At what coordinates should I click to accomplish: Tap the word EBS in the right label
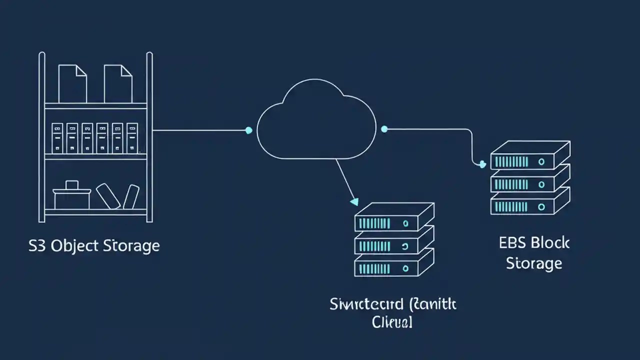(x=512, y=243)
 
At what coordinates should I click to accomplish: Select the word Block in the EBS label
(x=550, y=243)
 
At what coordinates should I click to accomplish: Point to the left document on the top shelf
(x=72, y=83)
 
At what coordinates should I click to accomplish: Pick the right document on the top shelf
(x=118, y=83)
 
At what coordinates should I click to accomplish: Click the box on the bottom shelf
(x=72, y=196)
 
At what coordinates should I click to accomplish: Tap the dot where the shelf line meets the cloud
(x=248, y=130)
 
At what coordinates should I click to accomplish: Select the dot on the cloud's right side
(x=384, y=129)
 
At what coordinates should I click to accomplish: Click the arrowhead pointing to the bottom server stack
(x=354, y=202)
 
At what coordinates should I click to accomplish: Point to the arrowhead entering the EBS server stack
(x=482, y=164)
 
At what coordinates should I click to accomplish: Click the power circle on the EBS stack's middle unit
(x=541, y=184)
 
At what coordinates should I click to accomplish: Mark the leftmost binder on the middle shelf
(x=57, y=137)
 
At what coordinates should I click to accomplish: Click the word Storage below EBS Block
(x=534, y=263)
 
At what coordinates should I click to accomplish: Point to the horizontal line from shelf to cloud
(x=200, y=130)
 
